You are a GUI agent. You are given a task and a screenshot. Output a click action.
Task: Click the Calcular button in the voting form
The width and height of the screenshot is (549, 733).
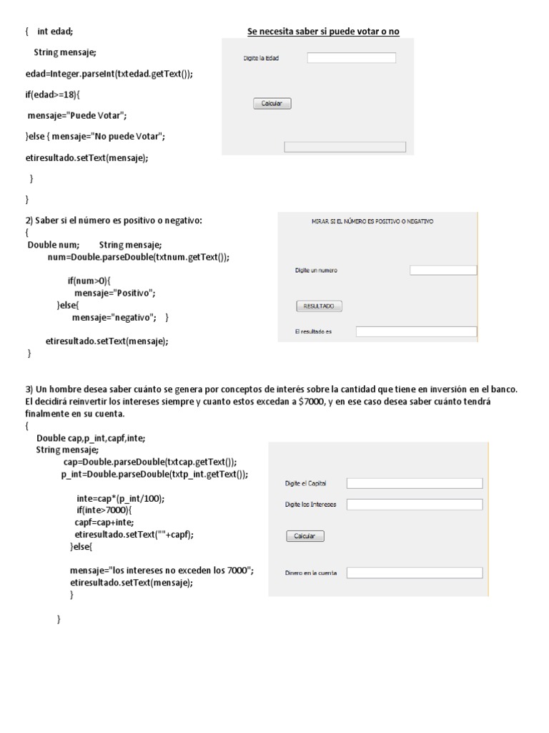[x=272, y=104]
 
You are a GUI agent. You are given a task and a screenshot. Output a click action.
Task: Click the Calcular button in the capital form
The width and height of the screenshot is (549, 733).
[x=305, y=536]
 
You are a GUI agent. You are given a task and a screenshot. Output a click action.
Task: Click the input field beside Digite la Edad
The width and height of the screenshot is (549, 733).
[x=351, y=59]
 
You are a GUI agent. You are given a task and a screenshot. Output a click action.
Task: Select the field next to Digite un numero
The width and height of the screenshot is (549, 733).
[x=443, y=270]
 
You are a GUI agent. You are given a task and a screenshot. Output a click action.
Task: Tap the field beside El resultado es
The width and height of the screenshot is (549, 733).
[x=416, y=331]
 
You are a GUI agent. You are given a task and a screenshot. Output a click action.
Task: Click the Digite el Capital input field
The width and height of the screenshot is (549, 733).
[x=415, y=483]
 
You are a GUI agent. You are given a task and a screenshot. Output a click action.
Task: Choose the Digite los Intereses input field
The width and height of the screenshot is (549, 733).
[x=415, y=505]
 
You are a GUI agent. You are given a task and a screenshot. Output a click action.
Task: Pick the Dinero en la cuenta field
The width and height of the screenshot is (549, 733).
[x=415, y=573]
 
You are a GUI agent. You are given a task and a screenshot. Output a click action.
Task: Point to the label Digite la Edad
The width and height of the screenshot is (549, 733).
[x=261, y=59]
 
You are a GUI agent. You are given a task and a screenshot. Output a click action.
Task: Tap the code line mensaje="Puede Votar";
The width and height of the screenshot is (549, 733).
[x=76, y=115]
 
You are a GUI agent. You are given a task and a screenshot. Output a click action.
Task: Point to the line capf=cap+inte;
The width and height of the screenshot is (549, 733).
[x=104, y=522]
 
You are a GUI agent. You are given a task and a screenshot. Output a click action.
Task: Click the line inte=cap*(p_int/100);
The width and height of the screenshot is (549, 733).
[x=125, y=499]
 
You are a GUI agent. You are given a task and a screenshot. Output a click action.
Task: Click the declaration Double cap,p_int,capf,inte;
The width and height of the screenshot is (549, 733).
[x=95, y=438]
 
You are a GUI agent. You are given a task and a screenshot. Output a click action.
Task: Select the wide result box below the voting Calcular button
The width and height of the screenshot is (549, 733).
[x=345, y=147]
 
